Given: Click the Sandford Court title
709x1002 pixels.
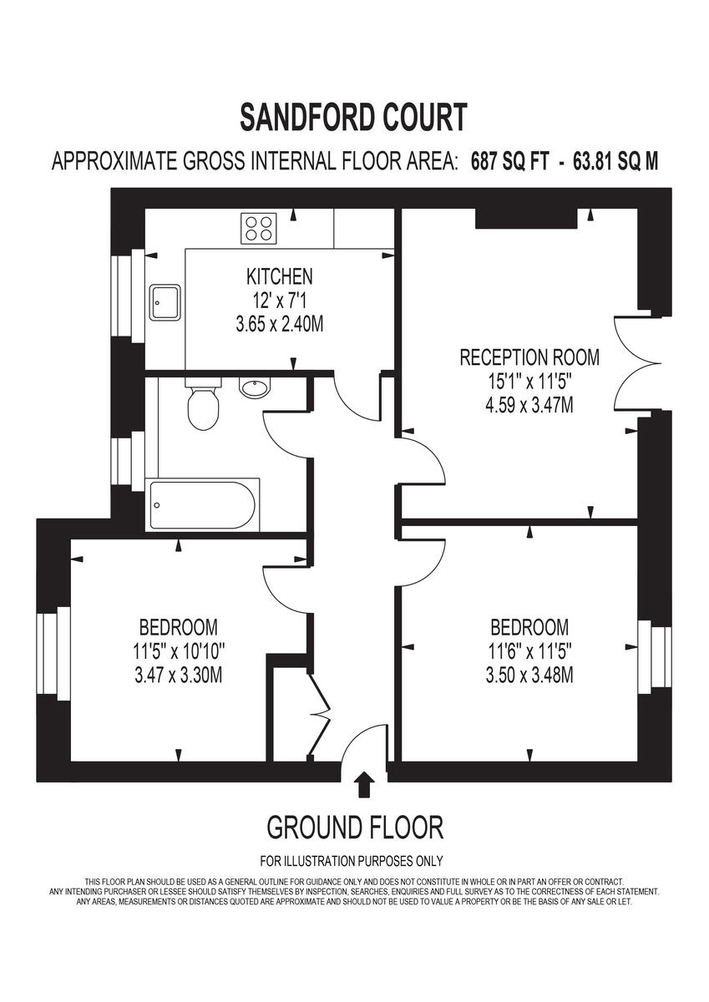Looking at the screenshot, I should tap(353, 117).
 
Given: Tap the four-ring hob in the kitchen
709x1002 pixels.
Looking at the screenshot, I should tap(259, 228).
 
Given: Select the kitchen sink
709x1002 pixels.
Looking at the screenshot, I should tap(165, 302).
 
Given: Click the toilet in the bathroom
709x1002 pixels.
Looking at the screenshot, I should tap(203, 405).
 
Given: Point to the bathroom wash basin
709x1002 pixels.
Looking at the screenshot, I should tap(253, 387).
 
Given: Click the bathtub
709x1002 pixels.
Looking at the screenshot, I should tap(201, 505).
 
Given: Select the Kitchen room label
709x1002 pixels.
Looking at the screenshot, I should tap(279, 276).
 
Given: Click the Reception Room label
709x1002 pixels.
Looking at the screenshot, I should tap(529, 358).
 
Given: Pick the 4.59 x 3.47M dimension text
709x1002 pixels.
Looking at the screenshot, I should tap(529, 406).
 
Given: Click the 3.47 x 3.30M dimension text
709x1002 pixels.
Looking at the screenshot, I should tap(178, 675).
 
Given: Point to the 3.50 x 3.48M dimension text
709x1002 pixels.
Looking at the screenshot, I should tap(529, 675).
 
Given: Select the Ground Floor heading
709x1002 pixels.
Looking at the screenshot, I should tap(354, 827).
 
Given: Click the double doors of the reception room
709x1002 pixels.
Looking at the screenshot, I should tap(639, 364).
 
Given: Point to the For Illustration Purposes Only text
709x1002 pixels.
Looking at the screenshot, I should tap(351, 861).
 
